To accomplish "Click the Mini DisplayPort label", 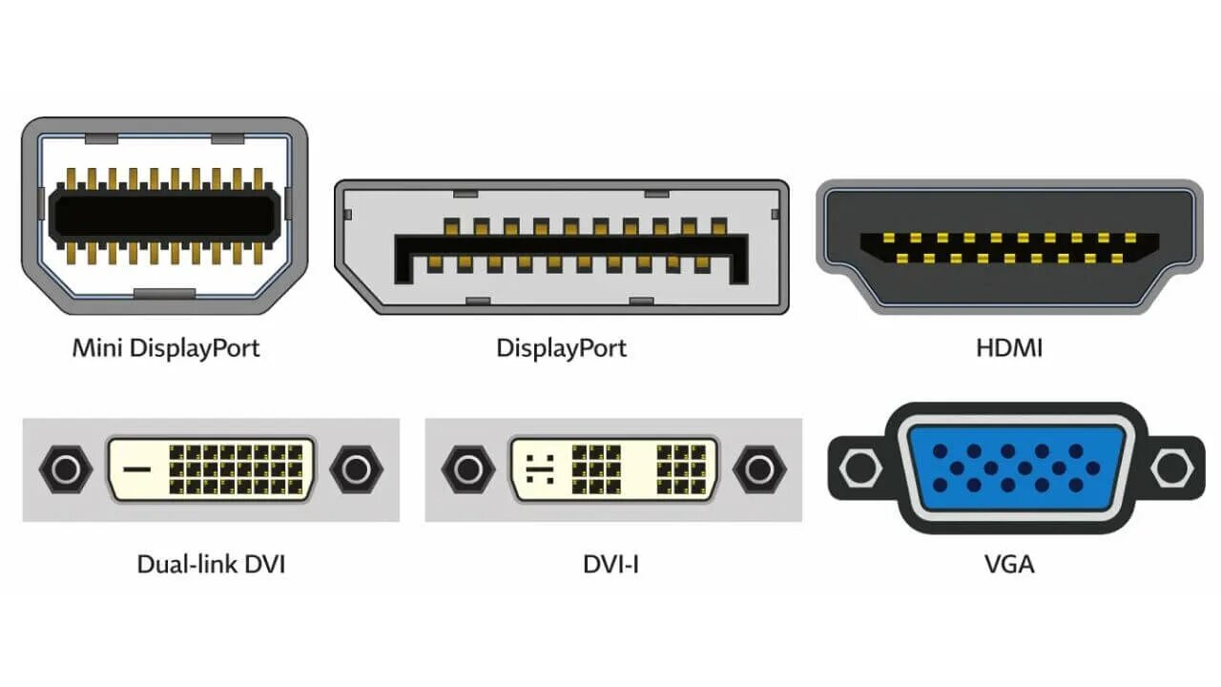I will point(166,347).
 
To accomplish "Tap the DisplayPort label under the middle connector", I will point(561,347).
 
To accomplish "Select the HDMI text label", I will point(1009,347).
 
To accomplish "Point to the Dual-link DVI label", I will point(211,564).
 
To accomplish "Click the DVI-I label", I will point(610,564).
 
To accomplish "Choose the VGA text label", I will point(1009,564).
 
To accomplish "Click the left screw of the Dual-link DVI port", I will point(66,469).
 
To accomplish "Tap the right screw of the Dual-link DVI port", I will point(356,469).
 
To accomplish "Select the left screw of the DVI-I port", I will point(468,469).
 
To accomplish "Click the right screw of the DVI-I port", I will point(758,469).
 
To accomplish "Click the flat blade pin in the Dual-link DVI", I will point(139,469).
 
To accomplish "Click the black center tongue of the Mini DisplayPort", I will point(165,213).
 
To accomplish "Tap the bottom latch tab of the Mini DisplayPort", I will point(165,292).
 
